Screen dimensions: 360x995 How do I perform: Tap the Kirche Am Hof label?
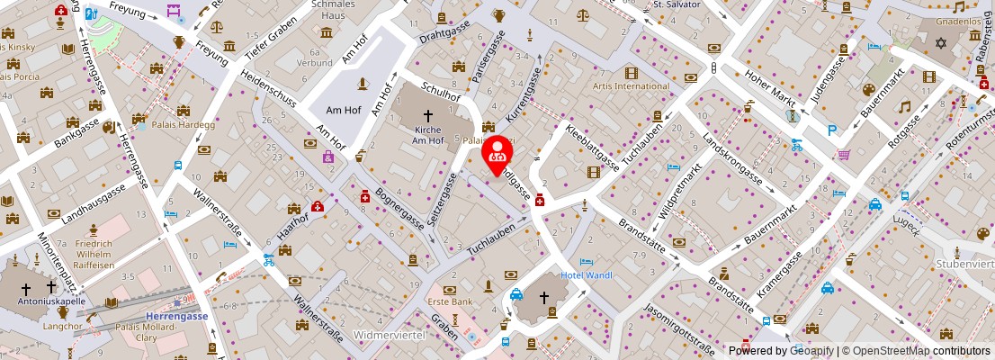[428, 135]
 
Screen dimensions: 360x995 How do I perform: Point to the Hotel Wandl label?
[586, 274]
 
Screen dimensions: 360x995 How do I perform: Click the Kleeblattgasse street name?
[593, 146]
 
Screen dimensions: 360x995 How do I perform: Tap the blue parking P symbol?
[832, 130]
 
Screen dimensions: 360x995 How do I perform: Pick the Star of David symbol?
[941, 43]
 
